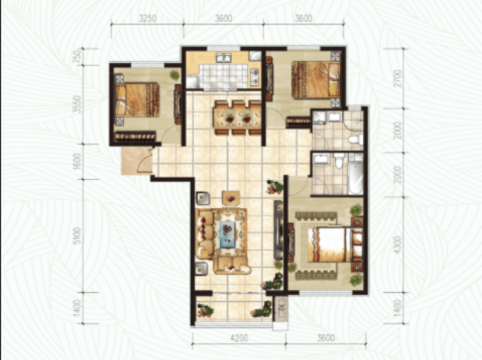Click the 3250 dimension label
148,18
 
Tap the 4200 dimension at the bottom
239,338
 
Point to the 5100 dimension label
78,236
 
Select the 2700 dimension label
397,78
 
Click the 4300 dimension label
397,245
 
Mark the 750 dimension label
78,57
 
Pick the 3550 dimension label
78,105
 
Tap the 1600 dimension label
78,161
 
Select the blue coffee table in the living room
228,234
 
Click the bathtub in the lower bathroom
355,177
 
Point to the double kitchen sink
224,58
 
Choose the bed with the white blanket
330,245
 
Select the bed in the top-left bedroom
138,100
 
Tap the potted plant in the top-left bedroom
175,75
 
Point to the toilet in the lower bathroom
339,160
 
